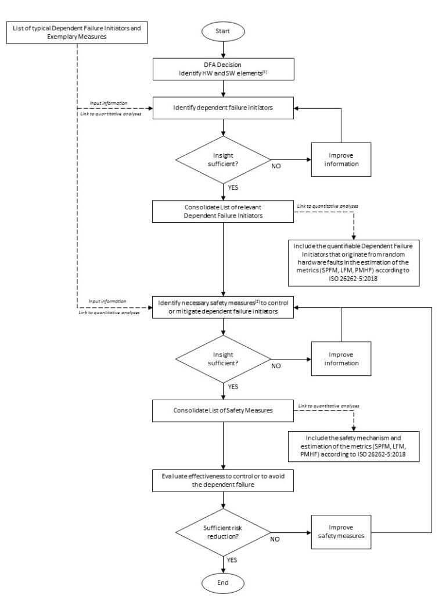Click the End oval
pyautogui.click(x=223, y=582)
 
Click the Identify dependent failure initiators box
pyautogui.click(x=223, y=108)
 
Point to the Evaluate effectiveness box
pyautogui.click(x=223, y=480)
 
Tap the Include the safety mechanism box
pyautogui.click(x=354, y=447)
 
